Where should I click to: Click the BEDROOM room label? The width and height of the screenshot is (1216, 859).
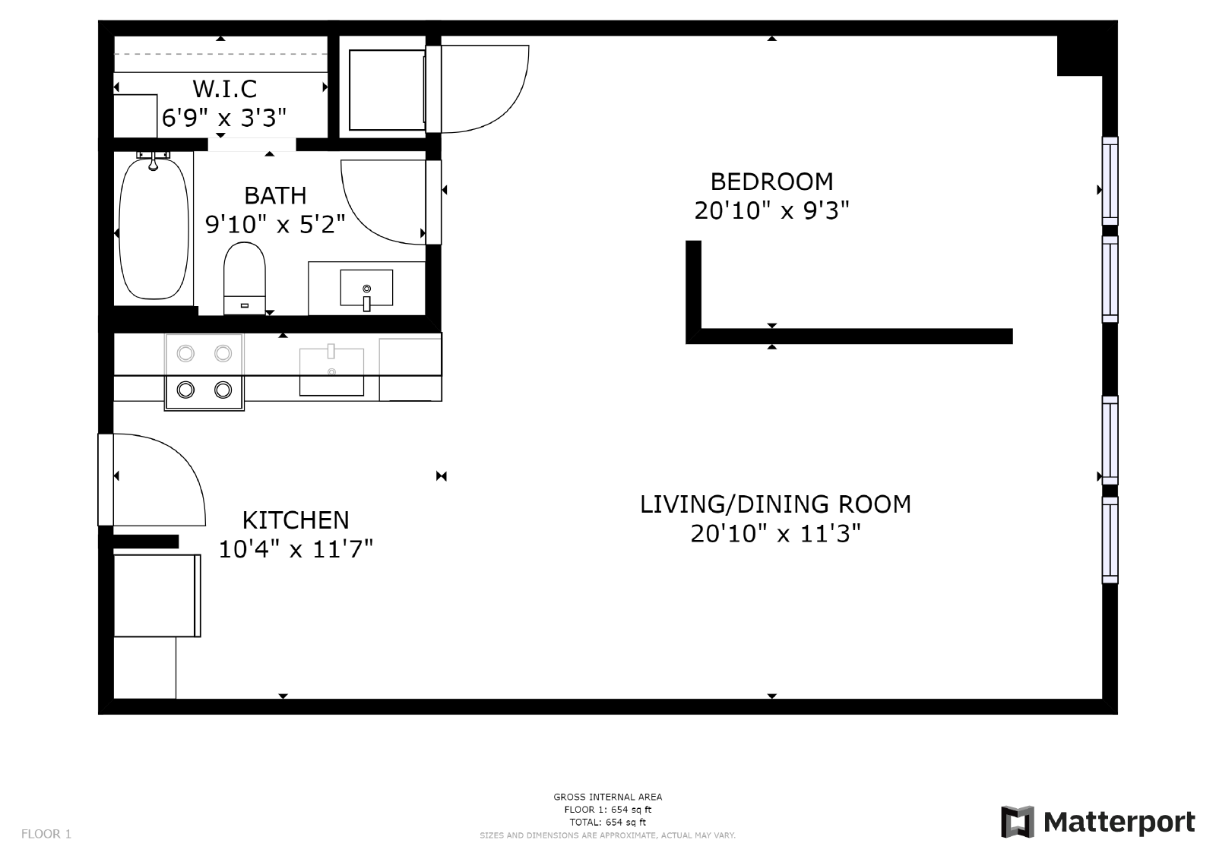tap(771, 182)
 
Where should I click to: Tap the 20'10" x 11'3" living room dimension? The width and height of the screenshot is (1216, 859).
tap(775, 533)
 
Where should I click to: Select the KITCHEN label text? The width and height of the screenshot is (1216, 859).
tap(296, 520)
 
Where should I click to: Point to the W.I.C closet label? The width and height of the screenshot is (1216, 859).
tap(224, 89)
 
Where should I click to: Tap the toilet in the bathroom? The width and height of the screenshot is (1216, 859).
tap(244, 277)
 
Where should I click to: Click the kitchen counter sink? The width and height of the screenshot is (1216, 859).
tap(331, 371)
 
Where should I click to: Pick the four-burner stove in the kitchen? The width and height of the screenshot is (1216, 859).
tap(204, 371)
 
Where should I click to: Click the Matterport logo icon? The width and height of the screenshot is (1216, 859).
tap(1017, 822)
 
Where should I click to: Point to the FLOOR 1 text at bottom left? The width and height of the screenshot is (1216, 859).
tap(46, 834)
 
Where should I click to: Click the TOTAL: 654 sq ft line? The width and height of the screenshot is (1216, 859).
tap(607, 822)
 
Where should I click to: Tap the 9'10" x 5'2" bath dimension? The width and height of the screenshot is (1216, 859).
tap(275, 224)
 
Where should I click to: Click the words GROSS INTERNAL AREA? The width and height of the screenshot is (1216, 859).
tap(607, 797)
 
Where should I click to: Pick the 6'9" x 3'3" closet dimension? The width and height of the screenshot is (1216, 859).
tap(224, 118)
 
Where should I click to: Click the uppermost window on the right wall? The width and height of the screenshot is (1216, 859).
tap(1110, 181)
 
